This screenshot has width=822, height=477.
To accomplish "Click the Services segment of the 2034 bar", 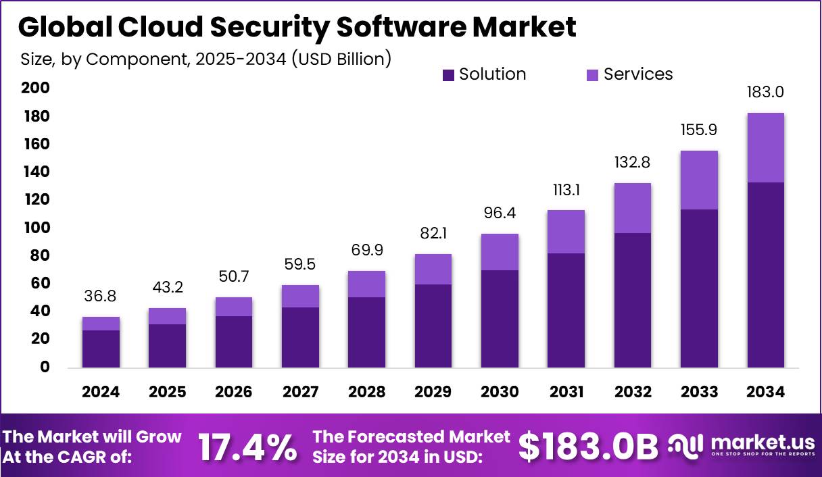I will click(x=766, y=147).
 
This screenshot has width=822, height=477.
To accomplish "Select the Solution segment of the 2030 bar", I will click(x=500, y=319).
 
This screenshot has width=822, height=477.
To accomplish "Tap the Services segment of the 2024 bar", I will click(x=101, y=323).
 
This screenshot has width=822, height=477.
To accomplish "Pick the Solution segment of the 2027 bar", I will click(x=300, y=337).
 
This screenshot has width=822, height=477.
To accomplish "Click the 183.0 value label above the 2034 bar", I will click(x=766, y=93).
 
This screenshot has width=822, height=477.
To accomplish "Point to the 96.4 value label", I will click(x=500, y=214).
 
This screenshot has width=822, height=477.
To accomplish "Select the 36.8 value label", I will click(x=101, y=296).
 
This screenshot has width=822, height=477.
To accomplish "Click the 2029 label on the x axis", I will click(x=433, y=392).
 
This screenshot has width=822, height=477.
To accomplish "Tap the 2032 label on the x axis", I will click(x=633, y=392).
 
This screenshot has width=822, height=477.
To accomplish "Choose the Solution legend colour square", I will click(x=448, y=75).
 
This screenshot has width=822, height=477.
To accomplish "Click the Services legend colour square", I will click(x=593, y=75).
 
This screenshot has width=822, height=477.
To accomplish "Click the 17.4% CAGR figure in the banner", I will click(x=247, y=447).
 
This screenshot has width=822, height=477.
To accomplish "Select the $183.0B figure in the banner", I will click(x=588, y=447).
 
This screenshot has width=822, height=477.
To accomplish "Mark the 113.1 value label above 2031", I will click(x=566, y=191).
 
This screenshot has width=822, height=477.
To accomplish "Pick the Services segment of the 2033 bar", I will click(x=699, y=180).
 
